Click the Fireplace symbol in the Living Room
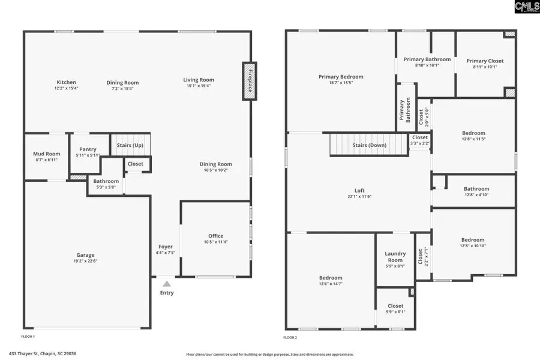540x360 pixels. [x=249, y=80]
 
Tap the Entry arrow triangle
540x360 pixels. [x=167, y=284]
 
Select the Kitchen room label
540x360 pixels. [x=66, y=82]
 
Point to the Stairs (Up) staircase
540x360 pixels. [x=130, y=145]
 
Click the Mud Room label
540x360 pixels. [x=46, y=154]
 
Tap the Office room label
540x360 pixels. [x=216, y=236]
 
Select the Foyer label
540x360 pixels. [x=166, y=247]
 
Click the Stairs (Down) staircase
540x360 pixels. [x=369, y=145]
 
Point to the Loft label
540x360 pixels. [x=359, y=190]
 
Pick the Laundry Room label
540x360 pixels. [x=395, y=257]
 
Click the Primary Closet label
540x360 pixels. [x=485, y=61]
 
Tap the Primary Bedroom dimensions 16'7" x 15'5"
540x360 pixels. [x=340, y=83]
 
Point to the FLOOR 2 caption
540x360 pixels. [x=290, y=337]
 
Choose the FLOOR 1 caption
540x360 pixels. [x=28, y=337]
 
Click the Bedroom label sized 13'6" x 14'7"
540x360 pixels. [x=331, y=278]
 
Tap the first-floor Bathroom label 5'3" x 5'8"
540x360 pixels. [x=106, y=181]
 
